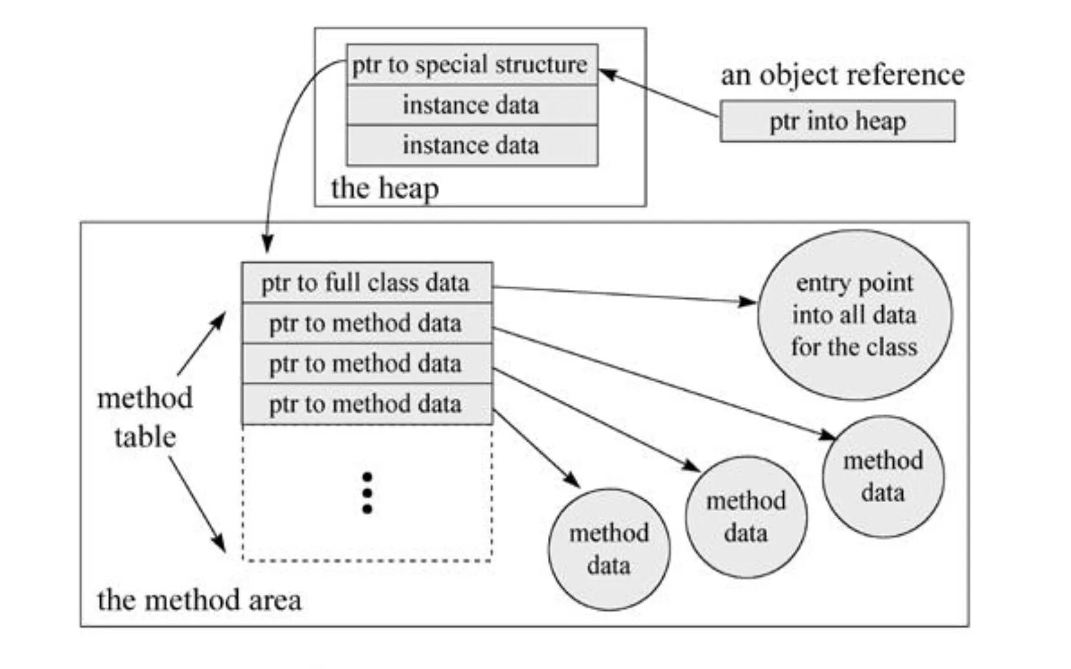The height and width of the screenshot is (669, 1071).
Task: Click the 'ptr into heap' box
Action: point(837,121)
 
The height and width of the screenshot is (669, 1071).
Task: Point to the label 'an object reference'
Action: point(842,75)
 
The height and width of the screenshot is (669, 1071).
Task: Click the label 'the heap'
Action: point(385,188)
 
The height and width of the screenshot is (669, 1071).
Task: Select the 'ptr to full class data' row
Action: point(367,283)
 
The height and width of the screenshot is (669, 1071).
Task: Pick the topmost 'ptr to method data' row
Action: point(367,324)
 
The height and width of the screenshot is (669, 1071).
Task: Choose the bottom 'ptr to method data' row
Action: point(367,404)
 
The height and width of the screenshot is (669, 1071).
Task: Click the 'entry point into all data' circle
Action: point(854,315)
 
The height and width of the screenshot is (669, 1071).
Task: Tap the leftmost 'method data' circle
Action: point(609,549)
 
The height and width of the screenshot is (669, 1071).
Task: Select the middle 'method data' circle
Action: point(746,517)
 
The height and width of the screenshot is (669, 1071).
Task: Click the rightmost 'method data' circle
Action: point(883,477)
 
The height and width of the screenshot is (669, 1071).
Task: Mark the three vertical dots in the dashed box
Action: point(367,493)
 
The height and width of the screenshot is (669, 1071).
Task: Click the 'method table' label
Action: point(145,417)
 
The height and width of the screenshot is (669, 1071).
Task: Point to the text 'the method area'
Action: point(199,600)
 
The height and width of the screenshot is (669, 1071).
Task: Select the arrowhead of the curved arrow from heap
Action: point(267,245)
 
